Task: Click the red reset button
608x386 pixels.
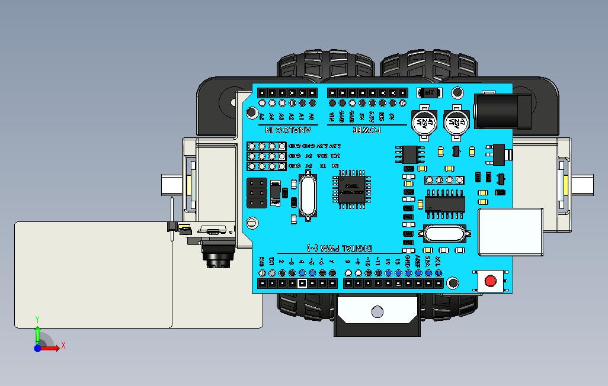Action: click(x=491, y=281)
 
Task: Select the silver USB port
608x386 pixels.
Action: click(x=510, y=232)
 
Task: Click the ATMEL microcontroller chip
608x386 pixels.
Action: click(x=351, y=189)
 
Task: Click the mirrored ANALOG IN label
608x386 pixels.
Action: click(x=283, y=130)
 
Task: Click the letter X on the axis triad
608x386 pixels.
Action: click(x=63, y=345)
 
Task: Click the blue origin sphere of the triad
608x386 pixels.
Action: click(x=37, y=348)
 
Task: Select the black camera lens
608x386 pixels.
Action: click(x=218, y=256)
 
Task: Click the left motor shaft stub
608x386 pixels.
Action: click(x=171, y=185)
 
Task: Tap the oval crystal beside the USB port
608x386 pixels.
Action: click(x=445, y=234)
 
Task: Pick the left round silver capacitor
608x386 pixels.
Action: click(x=424, y=121)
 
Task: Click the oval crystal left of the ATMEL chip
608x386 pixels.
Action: click(x=307, y=195)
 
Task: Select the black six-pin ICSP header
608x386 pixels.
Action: click(x=257, y=192)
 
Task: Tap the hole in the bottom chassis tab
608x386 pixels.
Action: click(x=377, y=311)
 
